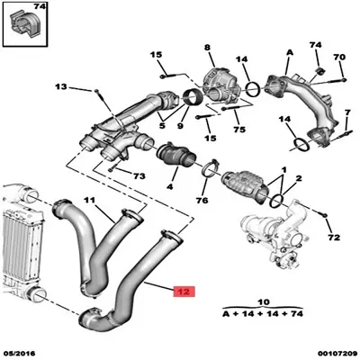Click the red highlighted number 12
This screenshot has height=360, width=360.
(x=182, y=292)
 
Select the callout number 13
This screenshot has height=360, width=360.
(x=61, y=87)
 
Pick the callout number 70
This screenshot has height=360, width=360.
(x=339, y=58)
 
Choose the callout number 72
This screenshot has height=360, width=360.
(x=333, y=238)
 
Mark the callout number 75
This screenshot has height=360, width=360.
(x=240, y=130)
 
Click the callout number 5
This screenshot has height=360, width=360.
(x=161, y=115)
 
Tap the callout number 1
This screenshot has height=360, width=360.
(x=283, y=169)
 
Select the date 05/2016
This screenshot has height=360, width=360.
(x=22, y=354)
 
